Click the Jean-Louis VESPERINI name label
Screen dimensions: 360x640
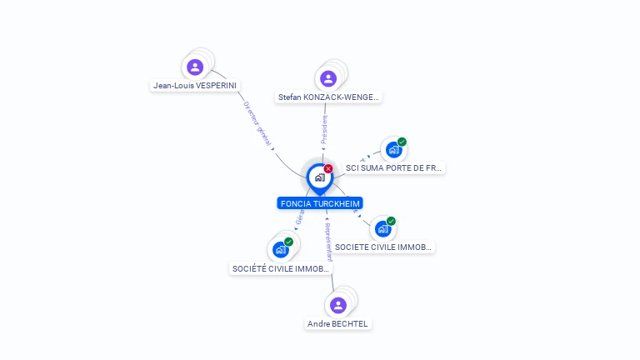[x=195, y=85]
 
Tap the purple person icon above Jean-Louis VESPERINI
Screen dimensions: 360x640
[x=195, y=67]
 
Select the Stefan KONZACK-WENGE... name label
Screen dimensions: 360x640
[x=328, y=97]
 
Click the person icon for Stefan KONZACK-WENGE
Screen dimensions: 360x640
[x=328, y=78]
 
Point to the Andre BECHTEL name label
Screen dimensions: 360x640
[x=337, y=323]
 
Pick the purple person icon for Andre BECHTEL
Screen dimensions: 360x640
[x=337, y=305]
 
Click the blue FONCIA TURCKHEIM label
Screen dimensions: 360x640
[x=321, y=203]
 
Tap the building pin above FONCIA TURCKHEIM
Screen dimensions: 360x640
[x=320, y=177]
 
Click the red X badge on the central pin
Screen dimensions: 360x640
[x=328, y=168]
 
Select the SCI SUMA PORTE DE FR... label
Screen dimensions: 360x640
[x=393, y=167]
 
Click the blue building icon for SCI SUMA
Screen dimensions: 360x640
[x=392, y=150]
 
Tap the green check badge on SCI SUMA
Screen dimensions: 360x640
[x=402, y=142]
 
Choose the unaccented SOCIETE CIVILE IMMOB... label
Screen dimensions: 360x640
[x=383, y=247]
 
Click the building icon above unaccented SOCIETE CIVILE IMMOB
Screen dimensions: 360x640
[x=382, y=229]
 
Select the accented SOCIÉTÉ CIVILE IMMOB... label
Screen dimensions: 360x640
[x=281, y=268]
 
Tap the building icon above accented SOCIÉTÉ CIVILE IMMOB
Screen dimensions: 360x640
[x=280, y=250]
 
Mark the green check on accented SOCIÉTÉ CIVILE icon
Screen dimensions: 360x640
[x=288, y=242]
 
